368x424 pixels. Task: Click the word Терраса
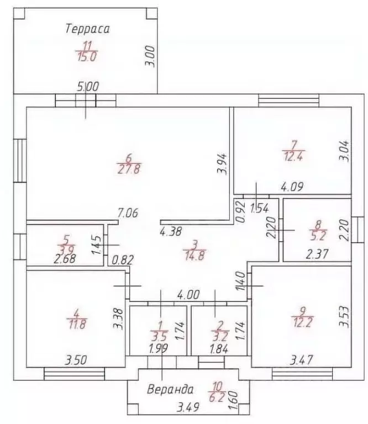[87, 29]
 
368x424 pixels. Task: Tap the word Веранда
[171, 390]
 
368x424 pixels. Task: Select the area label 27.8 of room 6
[129, 169]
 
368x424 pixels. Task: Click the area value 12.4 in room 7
[293, 156]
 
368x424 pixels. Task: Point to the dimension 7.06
[128, 213]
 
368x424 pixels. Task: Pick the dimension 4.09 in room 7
[292, 187]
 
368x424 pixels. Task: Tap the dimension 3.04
[344, 151]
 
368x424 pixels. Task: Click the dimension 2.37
[317, 254]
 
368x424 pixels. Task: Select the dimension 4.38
[171, 232]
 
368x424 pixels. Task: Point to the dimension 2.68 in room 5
[65, 259]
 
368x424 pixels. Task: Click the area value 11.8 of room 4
[77, 324]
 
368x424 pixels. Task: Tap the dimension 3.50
[76, 360]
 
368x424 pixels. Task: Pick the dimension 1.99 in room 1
[159, 348]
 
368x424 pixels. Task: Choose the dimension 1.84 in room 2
[219, 349]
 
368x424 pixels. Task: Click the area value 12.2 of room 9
[302, 322]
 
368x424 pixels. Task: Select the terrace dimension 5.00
[88, 87]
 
